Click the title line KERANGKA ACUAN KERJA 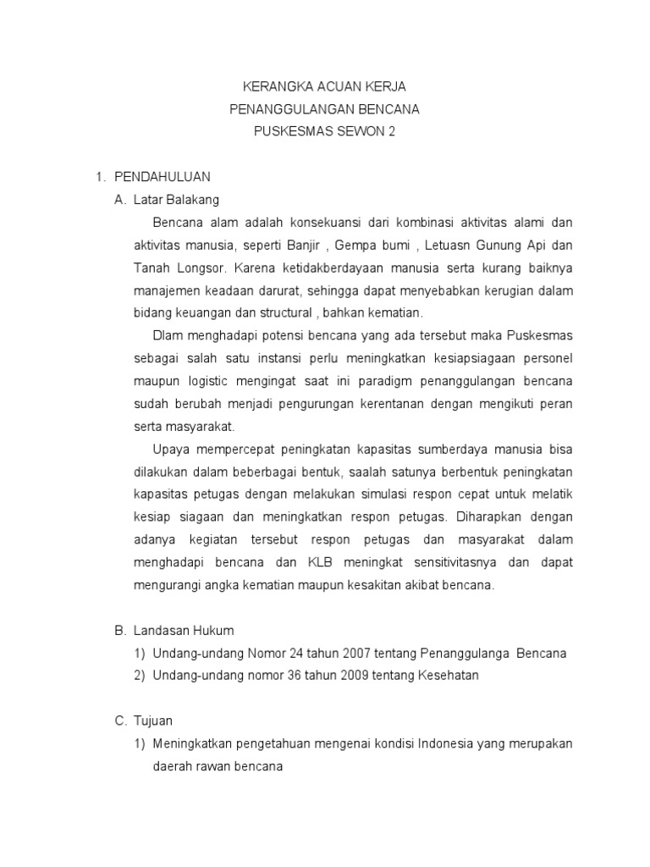pos(324,87)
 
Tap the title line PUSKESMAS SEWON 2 pos(324,131)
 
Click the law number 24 pos(276,654)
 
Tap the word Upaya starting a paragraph pos(172,449)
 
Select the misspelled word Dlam pos(169,335)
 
